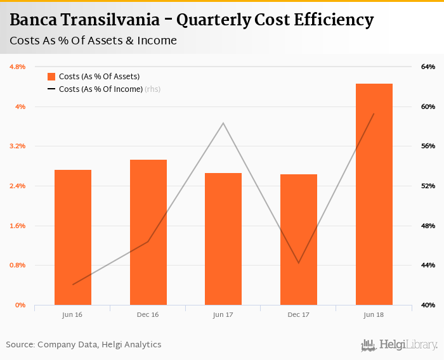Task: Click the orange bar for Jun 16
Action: pyautogui.click(x=73, y=237)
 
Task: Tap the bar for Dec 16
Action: pyautogui.click(x=148, y=232)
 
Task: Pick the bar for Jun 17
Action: pyautogui.click(x=223, y=239)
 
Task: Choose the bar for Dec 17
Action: pyautogui.click(x=299, y=240)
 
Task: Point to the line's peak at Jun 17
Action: pyautogui.click(x=223, y=123)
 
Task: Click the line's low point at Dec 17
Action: pyautogui.click(x=299, y=262)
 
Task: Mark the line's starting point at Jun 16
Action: pyautogui.click(x=73, y=285)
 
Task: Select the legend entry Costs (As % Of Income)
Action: pyautogui.click(x=101, y=89)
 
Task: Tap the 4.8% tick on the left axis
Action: pyautogui.click(x=17, y=67)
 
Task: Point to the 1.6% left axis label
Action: pyautogui.click(x=17, y=226)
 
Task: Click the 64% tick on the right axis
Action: pyautogui.click(x=428, y=67)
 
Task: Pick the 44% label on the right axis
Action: pyautogui.click(x=428, y=265)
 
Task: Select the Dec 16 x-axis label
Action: pyautogui.click(x=148, y=314)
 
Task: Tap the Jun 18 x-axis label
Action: pyautogui.click(x=374, y=314)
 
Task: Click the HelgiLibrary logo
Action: pyautogui.click(x=400, y=345)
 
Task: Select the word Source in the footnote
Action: pyautogui.click(x=20, y=345)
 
